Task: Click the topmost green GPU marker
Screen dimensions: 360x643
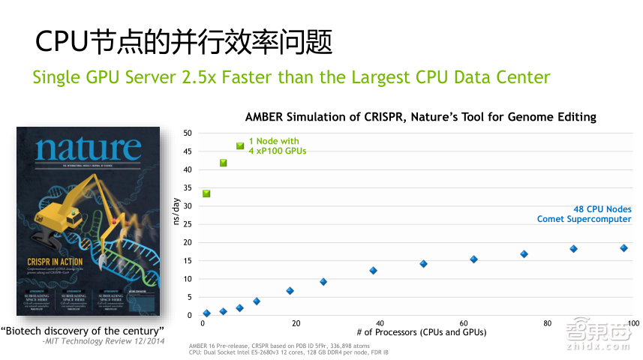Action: click(240, 145)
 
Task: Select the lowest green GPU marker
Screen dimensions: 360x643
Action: click(206, 193)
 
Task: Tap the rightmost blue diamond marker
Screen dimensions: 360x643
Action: click(623, 248)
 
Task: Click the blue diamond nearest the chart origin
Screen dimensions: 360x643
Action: click(207, 313)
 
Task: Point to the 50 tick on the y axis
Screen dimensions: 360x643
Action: click(188, 133)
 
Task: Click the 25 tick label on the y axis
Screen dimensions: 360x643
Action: click(188, 224)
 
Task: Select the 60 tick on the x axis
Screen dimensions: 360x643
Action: click(464, 323)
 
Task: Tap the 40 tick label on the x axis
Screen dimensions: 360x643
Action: click(380, 323)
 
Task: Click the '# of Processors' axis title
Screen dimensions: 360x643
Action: click(421, 332)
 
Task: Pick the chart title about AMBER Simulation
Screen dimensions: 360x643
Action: click(420, 117)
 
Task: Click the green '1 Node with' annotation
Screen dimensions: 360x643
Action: click(274, 141)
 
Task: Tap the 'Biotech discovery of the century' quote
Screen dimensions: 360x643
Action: click(83, 331)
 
